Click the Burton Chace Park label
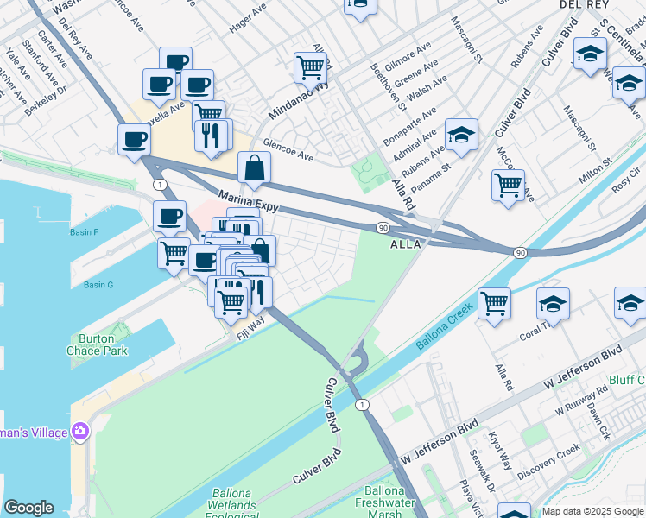point(97,344)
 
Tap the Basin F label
point(84,232)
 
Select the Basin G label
point(98,285)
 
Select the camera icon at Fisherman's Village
point(80,430)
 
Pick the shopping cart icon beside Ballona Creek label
point(494,302)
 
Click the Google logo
point(28,508)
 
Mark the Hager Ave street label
point(247,19)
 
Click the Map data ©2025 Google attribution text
point(592,511)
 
